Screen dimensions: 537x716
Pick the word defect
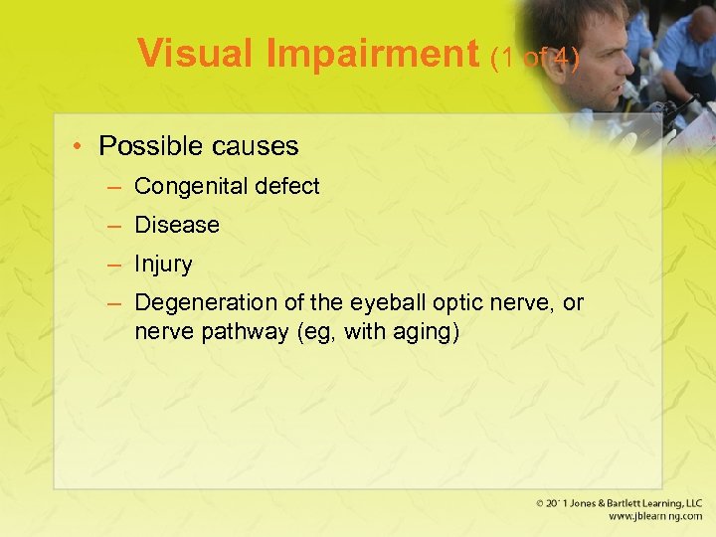[284, 186]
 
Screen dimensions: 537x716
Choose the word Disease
[177, 225]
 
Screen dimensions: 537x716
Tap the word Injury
[163, 265]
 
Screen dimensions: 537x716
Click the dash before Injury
[115, 265]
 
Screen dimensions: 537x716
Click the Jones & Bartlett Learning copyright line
[619, 504]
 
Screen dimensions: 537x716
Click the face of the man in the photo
[596, 50]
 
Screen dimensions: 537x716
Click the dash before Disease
[115, 225]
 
